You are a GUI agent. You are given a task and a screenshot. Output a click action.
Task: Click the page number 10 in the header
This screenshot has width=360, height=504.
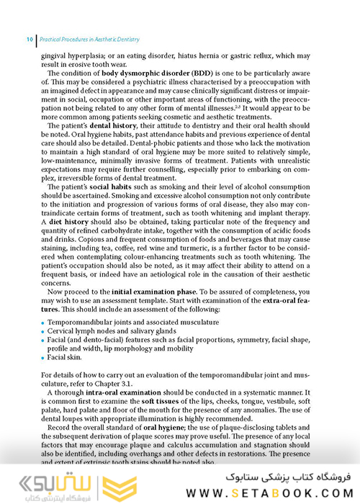(29, 39)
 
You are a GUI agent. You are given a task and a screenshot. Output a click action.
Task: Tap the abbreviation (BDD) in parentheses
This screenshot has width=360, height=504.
(203, 74)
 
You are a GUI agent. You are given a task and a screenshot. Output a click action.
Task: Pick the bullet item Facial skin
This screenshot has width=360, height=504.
(65, 356)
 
